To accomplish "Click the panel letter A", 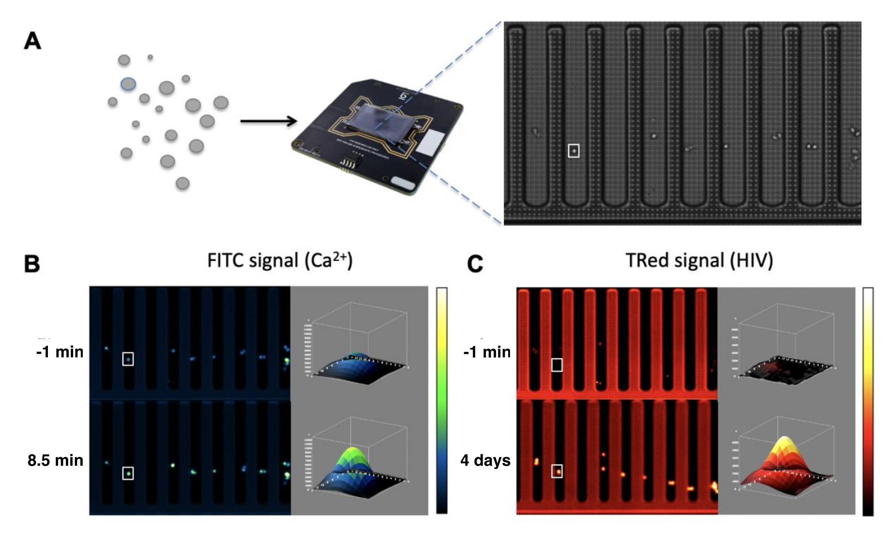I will (33, 41).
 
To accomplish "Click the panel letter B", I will (32, 264).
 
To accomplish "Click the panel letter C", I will (475, 264).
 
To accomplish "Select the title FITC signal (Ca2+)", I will (280, 261).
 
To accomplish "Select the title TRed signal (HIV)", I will (699, 261).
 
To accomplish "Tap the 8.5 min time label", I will (55, 460).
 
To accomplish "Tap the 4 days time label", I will (485, 460).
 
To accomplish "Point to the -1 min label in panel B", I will (60, 352).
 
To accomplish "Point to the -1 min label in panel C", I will (487, 352).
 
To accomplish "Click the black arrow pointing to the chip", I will (268, 121).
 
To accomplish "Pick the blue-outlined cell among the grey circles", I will (128, 84).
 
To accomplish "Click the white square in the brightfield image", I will (573, 151).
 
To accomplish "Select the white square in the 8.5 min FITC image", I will (128, 473).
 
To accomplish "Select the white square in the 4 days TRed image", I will (557, 471).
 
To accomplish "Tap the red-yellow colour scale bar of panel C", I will (868, 402).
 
